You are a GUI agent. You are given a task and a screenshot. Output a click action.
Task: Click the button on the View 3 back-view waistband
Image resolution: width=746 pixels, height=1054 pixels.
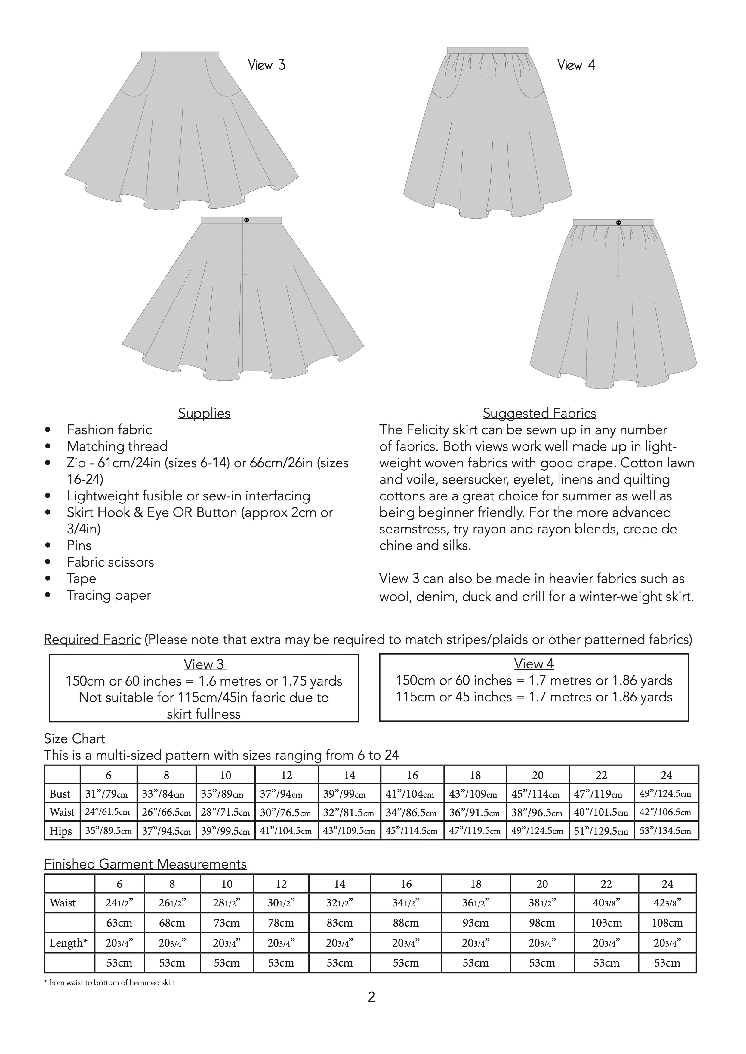pos(247,220)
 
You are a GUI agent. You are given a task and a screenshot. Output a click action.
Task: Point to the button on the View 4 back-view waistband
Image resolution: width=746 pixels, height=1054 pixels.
pos(618,223)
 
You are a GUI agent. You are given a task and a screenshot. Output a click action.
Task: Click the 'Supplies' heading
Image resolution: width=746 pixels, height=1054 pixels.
pos(204,413)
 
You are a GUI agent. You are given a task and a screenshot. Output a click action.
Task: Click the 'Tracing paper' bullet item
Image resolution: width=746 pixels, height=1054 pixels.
pos(109,595)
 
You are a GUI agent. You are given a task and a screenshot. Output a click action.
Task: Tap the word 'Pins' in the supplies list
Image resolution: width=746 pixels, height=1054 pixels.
pos(79,545)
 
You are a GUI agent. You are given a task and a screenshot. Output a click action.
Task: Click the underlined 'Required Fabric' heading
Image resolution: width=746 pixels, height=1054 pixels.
pos(92,640)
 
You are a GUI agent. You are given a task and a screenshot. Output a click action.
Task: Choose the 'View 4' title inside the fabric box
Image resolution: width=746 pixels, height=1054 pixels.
pos(534,664)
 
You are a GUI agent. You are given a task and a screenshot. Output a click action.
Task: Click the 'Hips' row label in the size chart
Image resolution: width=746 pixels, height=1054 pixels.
pos(61,831)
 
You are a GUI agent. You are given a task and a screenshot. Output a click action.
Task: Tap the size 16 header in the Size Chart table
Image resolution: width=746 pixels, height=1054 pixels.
pos(412,775)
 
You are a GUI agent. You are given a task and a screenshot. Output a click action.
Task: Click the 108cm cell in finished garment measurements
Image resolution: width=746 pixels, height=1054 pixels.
pos(667,923)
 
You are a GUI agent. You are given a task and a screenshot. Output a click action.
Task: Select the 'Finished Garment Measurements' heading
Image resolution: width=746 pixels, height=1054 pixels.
pos(145,864)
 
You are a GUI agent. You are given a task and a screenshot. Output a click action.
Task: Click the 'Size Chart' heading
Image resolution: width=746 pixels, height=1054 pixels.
pos(74,739)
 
